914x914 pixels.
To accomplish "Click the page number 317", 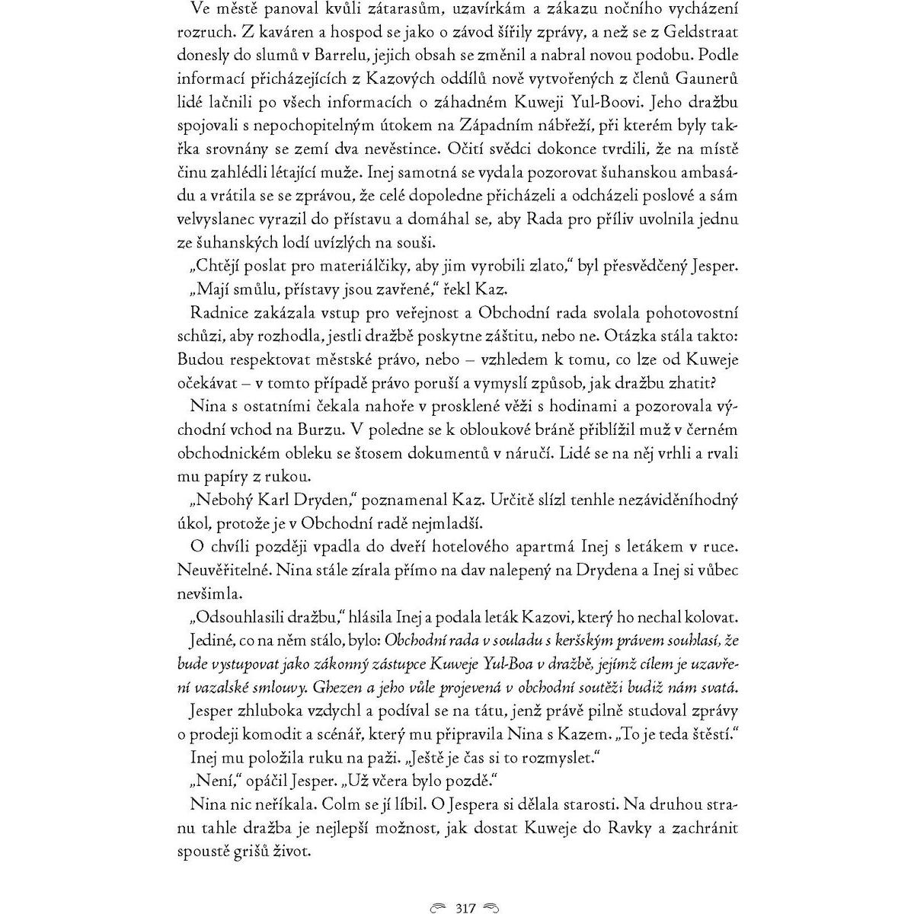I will coord(465,887).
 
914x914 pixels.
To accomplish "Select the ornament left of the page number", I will coord(439,887).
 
